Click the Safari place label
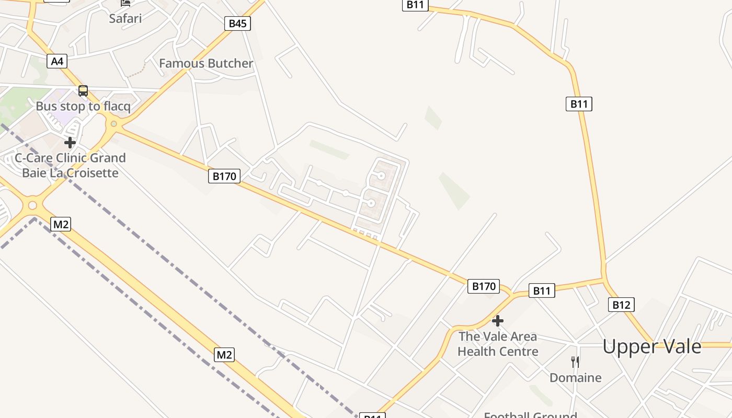(x=125, y=19)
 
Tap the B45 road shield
(x=237, y=24)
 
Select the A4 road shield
(x=57, y=62)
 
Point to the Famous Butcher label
(x=206, y=64)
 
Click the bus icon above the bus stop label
(x=83, y=91)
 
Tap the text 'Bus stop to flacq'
(x=83, y=107)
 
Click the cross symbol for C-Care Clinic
(x=70, y=143)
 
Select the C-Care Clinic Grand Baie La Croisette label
(x=70, y=165)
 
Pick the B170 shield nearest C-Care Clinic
(x=225, y=176)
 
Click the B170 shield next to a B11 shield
(x=483, y=286)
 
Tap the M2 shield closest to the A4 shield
(x=61, y=225)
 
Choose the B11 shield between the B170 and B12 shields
(x=542, y=291)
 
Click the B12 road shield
(x=621, y=305)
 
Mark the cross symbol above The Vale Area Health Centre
(x=498, y=321)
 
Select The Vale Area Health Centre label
(x=498, y=344)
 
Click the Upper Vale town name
(x=651, y=346)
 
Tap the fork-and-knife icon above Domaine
(x=575, y=362)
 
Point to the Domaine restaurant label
(x=575, y=378)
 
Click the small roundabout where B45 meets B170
(x=113, y=124)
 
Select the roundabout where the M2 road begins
(x=32, y=205)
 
